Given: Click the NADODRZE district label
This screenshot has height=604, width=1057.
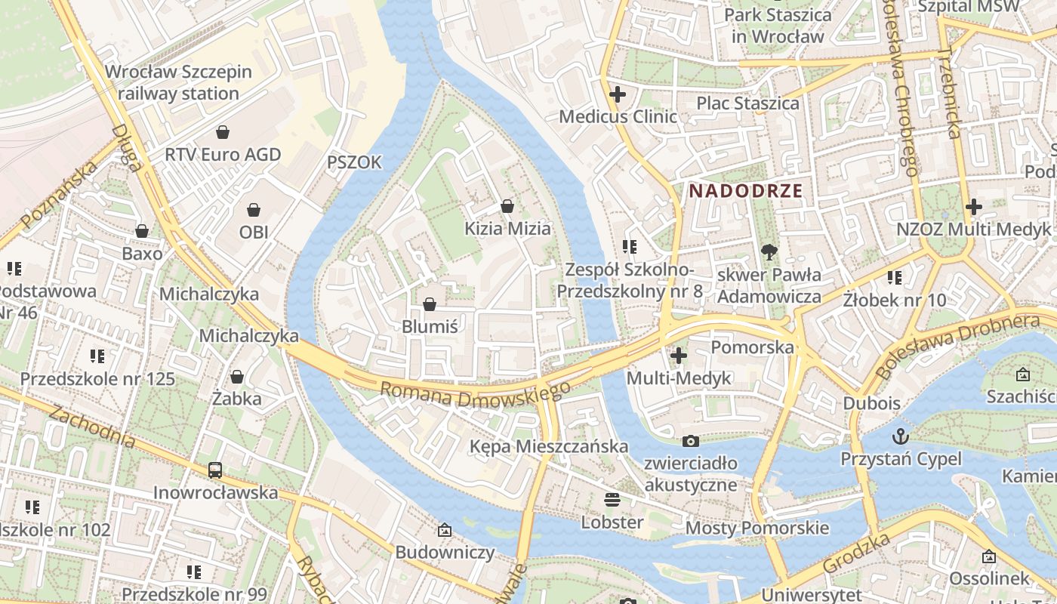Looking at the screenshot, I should coord(745,191).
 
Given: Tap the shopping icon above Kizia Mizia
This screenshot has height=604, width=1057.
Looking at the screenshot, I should coord(507,206).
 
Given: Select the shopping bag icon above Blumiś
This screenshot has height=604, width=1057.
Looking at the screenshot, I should coord(430,304).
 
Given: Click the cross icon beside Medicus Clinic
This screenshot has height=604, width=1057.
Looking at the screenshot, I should coord(618,95).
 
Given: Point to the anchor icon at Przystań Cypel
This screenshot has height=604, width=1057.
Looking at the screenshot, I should coord(901,436).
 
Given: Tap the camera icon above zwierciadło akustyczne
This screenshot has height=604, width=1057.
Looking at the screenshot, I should coord(690,441).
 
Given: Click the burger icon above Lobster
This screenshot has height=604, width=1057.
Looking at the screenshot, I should coord(612,499).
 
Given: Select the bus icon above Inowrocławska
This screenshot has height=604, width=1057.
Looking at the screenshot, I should coord(215,470).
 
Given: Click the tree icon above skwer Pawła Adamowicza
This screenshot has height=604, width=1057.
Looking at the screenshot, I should coord(769,251).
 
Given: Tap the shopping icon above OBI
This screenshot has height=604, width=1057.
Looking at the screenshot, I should coord(254,209).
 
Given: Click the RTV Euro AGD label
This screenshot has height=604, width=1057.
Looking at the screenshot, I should coord(223,155).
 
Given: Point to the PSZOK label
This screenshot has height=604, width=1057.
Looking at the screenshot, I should coord(354,162).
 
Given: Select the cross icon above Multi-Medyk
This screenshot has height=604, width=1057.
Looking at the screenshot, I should coord(679,355).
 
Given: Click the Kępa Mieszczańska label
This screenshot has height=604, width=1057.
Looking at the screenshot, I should coord(549,446).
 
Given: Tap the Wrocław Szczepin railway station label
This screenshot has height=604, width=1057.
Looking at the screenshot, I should coord(178,83).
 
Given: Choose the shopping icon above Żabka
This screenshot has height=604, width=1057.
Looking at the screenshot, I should coord(237,376).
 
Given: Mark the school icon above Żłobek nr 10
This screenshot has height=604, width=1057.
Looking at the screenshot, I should coord(895,277).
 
